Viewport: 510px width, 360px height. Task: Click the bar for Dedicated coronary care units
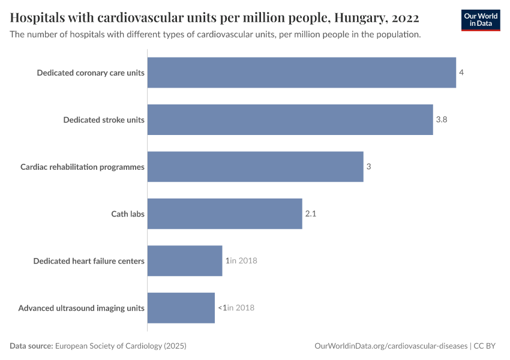coord(301,73)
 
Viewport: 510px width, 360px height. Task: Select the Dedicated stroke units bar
coord(290,119)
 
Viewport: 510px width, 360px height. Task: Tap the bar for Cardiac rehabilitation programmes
coord(255,166)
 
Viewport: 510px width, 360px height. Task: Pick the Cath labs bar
coord(224,214)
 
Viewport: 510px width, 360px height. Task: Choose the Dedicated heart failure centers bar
coord(185,260)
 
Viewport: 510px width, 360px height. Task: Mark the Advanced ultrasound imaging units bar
coord(181,308)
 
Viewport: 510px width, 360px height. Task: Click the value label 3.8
coord(442,119)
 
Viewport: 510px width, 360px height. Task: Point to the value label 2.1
coord(310,214)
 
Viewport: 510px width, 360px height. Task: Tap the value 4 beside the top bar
coord(461,73)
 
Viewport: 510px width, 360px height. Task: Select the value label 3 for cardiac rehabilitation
coord(368,166)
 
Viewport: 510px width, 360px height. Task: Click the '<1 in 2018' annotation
coord(236,308)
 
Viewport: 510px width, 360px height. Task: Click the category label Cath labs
coord(128,214)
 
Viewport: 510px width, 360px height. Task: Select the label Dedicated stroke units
coord(104,119)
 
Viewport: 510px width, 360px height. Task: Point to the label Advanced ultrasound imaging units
coord(81,308)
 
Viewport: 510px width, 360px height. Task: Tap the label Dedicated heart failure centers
coord(89,260)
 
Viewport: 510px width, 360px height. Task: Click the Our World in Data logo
coord(480,20)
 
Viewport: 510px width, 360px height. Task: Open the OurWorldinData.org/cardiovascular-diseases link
coord(391,346)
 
